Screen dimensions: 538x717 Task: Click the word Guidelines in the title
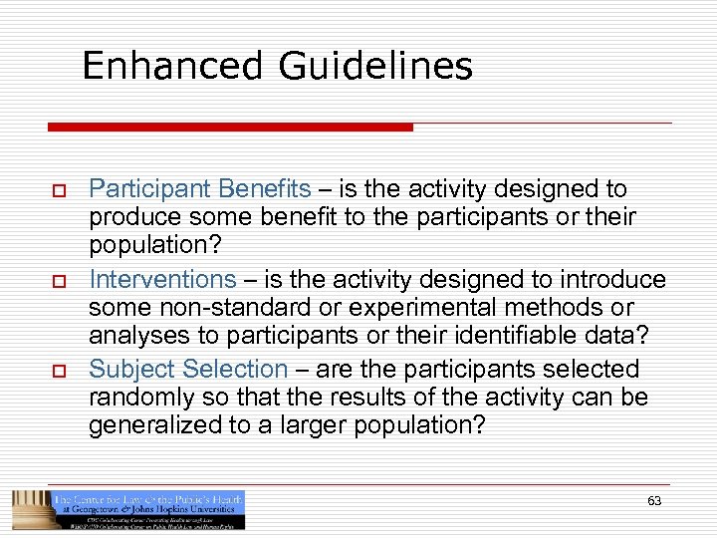pyautogui.click(x=375, y=66)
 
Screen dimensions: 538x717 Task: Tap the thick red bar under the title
pyautogui.click(x=230, y=128)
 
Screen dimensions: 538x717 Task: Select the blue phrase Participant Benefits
pyautogui.click(x=200, y=189)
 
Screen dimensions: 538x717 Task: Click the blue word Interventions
pyautogui.click(x=162, y=279)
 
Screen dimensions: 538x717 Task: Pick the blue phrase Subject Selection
pyautogui.click(x=188, y=369)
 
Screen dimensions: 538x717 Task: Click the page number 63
pyautogui.click(x=653, y=501)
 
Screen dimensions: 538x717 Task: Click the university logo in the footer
pyautogui.click(x=128, y=509)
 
